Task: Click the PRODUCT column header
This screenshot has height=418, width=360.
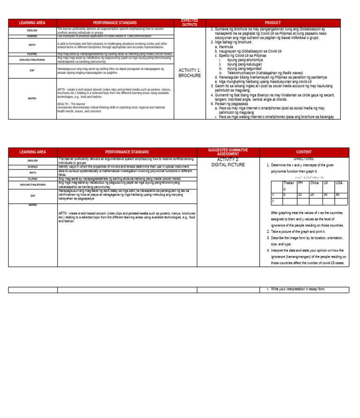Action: pyautogui.click(x=273, y=23)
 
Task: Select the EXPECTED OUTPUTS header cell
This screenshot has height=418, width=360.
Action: pyautogui.click(x=189, y=23)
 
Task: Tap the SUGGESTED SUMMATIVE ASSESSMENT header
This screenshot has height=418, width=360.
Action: pyautogui.click(x=228, y=152)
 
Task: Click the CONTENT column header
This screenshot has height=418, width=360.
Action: pyautogui.click(x=304, y=152)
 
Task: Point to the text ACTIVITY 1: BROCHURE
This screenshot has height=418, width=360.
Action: pyautogui.click(x=189, y=73)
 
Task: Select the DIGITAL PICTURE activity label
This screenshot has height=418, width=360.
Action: pyautogui.click(x=228, y=165)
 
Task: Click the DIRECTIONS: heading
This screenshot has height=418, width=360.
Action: pyautogui.click(x=303, y=159)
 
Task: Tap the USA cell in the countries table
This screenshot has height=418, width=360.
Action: pyautogui.click(x=339, y=183)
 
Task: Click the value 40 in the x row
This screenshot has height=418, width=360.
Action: pyautogui.click(x=338, y=194)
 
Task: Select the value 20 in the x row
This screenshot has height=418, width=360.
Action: pyautogui.click(x=312, y=194)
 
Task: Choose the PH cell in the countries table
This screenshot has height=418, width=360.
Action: pyautogui.click(x=300, y=183)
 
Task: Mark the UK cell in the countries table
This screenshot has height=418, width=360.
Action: pyautogui.click(x=326, y=183)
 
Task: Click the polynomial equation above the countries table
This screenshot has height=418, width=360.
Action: pyautogui.click(x=309, y=177)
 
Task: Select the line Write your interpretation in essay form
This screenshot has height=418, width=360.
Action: pyautogui.click(x=298, y=289)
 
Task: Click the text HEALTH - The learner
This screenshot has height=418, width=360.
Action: pyautogui.click(x=71, y=104)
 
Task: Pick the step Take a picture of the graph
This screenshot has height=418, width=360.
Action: pyautogui.click(x=298, y=232)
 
